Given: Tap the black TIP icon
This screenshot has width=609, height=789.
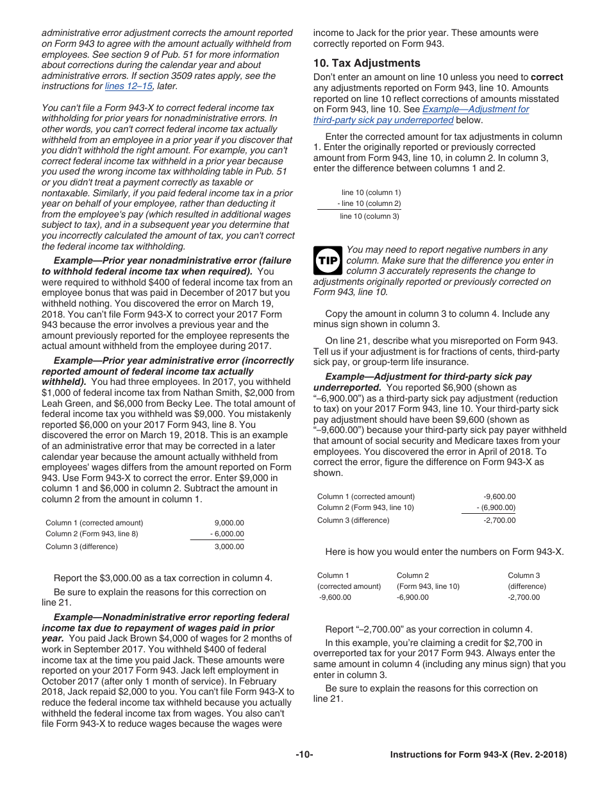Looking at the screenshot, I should click(x=327, y=261).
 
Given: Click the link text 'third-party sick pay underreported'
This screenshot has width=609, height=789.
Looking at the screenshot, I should click(x=383, y=120).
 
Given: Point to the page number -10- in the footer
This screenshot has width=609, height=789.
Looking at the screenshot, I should click(x=304, y=755).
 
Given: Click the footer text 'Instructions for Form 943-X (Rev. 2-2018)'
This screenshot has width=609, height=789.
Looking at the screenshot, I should click(x=478, y=755).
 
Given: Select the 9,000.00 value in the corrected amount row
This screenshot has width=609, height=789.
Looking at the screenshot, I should click(x=229, y=523).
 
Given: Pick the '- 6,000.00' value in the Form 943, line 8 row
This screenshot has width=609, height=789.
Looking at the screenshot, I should click(x=227, y=534).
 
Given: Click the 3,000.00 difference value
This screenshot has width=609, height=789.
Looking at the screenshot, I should click(x=229, y=547).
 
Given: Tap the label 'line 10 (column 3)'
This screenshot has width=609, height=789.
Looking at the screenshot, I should click(x=369, y=216).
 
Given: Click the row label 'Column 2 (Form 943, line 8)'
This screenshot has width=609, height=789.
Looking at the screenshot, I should click(x=92, y=534).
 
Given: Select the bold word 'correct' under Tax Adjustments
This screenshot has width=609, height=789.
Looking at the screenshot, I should click(x=547, y=77).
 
